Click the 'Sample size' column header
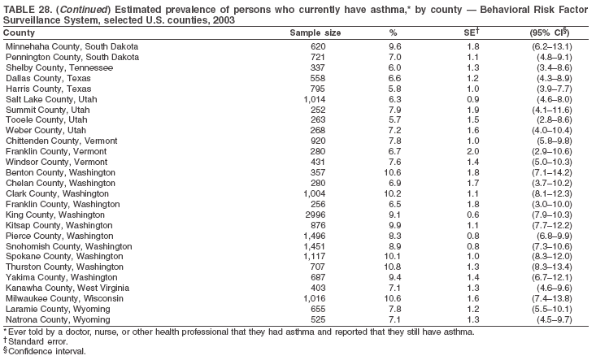click(x=315, y=33)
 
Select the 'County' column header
click(x=20, y=33)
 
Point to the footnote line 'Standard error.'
click(x=39, y=342)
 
